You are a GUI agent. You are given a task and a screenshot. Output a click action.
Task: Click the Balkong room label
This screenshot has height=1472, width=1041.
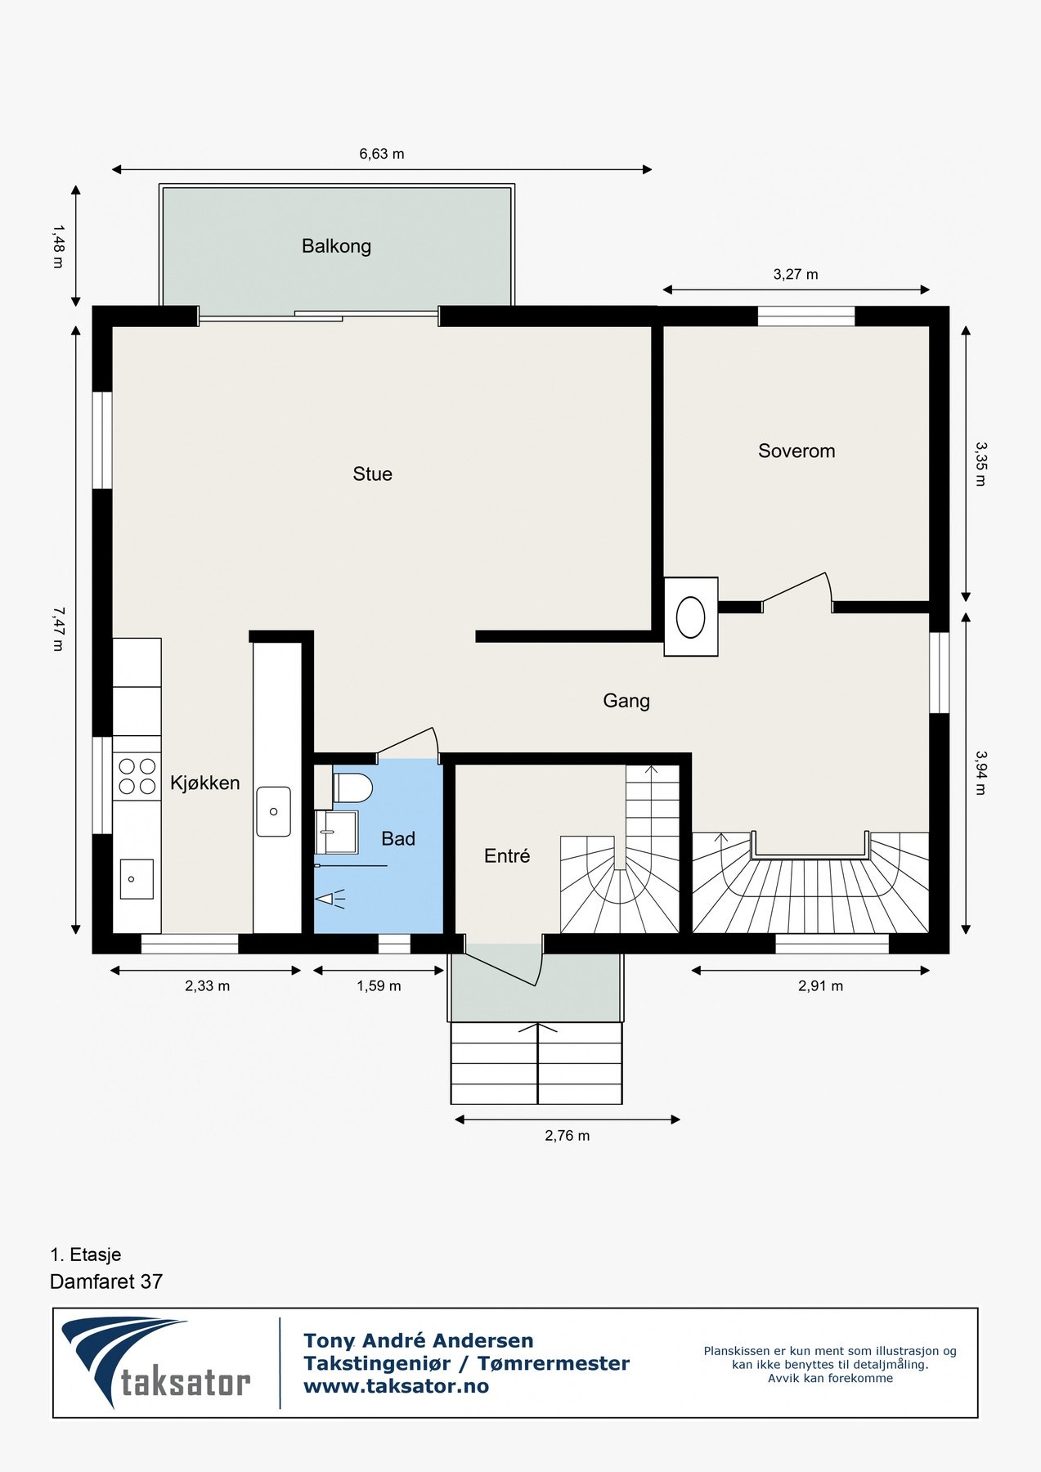[x=336, y=246]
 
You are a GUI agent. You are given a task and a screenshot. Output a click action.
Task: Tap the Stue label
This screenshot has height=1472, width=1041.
[x=372, y=474]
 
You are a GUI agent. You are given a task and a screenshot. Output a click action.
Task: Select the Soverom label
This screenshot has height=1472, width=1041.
[x=796, y=451]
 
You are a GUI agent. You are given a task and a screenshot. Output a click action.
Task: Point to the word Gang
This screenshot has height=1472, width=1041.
[x=626, y=702]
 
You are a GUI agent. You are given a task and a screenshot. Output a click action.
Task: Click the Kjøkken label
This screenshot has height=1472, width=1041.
[x=204, y=783]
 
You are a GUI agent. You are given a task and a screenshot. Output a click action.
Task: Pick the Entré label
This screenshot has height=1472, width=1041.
[x=507, y=855]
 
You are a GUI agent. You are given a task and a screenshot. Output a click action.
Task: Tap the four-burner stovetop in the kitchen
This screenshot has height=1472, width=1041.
[x=137, y=776]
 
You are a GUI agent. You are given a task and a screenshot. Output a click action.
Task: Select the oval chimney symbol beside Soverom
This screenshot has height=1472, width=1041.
[x=691, y=617]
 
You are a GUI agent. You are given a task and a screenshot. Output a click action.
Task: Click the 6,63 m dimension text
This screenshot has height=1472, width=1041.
[x=382, y=154]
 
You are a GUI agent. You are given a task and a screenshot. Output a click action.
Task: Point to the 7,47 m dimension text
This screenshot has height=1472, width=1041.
[x=56, y=628]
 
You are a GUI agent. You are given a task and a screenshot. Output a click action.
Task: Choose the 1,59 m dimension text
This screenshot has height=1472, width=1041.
[x=379, y=986]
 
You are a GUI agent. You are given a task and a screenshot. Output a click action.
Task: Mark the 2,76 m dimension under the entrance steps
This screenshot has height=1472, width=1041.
[x=568, y=1136]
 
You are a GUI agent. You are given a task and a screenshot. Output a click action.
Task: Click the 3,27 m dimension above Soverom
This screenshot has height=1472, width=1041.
[x=796, y=275]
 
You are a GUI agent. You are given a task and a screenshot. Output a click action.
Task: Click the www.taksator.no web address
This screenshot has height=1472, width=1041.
[x=396, y=1386]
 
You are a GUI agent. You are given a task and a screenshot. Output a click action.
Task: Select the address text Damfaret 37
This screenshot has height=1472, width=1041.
[x=106, y=1281]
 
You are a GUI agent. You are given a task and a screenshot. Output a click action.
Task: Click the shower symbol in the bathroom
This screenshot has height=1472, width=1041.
[x=331, y=900]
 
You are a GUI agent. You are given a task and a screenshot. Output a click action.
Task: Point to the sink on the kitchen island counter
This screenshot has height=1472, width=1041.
[x=273, y=811]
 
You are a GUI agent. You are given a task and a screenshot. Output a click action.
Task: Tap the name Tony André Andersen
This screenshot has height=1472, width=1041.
[x=418, y=1341]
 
